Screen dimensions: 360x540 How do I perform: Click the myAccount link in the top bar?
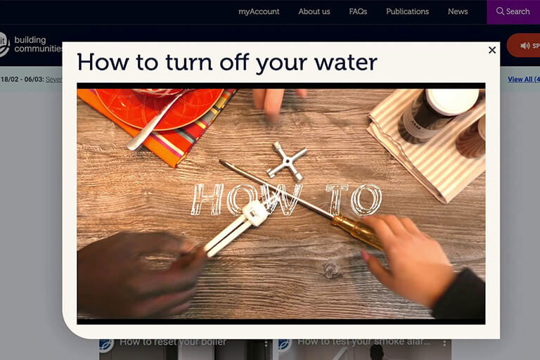pos(259,11)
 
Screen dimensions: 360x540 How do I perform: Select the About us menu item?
pos(314,11)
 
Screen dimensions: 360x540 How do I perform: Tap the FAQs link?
pos(358,11)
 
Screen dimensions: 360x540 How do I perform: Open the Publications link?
pos(407,11)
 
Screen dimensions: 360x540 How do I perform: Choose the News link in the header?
pos(458,11)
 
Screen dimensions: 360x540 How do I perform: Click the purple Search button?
pos(513,11)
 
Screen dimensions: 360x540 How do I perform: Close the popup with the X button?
pos(492,50)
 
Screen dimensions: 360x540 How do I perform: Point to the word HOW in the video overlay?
pos(246,200)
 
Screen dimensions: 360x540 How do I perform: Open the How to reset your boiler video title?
pos(172,342)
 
